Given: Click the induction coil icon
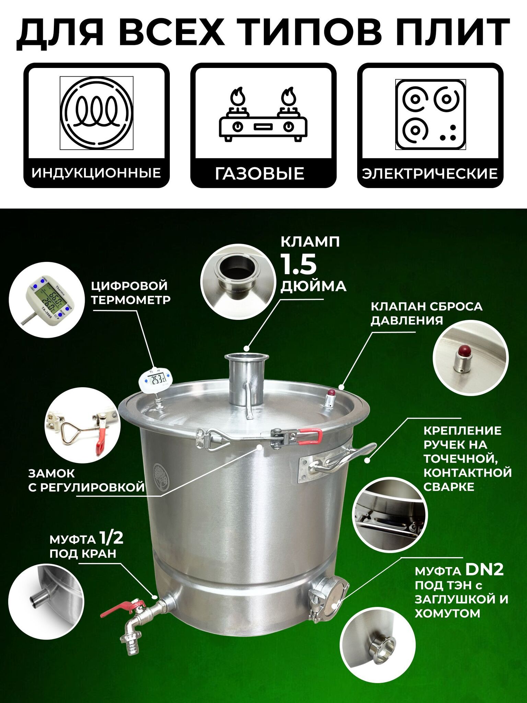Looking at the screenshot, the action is tap(96, 113).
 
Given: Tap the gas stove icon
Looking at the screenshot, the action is tap(263, 114).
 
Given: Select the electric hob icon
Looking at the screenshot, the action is tap(430, 114).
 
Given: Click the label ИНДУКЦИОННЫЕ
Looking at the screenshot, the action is tap(96, 173).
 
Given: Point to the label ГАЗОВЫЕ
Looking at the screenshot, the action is tap(260, 174).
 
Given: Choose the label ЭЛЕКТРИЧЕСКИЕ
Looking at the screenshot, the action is tap(430, 173).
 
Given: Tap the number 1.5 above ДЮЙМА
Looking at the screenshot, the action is tap(298, 264).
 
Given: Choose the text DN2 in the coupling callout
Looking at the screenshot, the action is tap(484, 569).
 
